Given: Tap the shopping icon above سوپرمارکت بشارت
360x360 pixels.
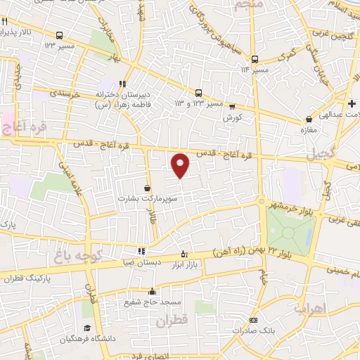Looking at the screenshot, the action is coord(147,188).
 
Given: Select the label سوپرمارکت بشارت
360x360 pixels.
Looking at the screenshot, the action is coord(146,198).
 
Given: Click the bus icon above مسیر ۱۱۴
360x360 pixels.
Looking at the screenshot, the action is coord(255,59).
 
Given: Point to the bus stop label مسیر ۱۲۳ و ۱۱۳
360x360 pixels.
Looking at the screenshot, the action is coord(199,103).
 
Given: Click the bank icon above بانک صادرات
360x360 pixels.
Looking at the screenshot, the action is coord(254,320).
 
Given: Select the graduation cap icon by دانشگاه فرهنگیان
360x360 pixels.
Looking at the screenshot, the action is coord(87,328).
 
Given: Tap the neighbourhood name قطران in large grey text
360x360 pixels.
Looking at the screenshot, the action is coord(173,322).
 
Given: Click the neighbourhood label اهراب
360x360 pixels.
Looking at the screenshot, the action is coord(309,309).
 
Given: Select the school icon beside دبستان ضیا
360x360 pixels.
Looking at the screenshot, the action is coord(142,250).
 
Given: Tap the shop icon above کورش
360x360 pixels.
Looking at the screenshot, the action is coord(232,107).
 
